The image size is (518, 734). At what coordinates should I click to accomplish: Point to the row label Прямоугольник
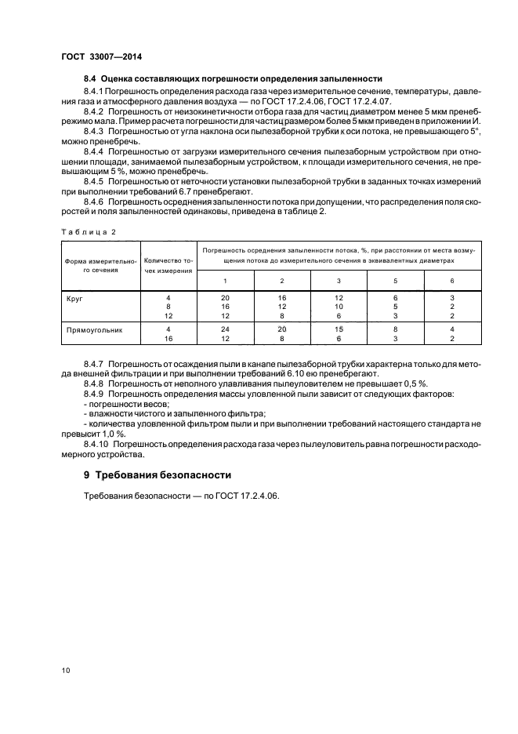[90, 331]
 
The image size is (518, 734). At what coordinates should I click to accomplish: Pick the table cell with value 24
[225, 331]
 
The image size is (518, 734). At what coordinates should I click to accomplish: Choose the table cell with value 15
[339, 331]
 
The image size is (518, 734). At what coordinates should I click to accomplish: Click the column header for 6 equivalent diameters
[451, 281]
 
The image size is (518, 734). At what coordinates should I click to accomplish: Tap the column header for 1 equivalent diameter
[225, 281]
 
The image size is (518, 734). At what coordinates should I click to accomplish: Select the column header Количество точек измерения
[168, 266]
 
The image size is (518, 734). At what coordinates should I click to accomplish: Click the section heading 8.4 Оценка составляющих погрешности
[233, 78]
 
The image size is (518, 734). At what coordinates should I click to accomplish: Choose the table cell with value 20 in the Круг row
[225, 299]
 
